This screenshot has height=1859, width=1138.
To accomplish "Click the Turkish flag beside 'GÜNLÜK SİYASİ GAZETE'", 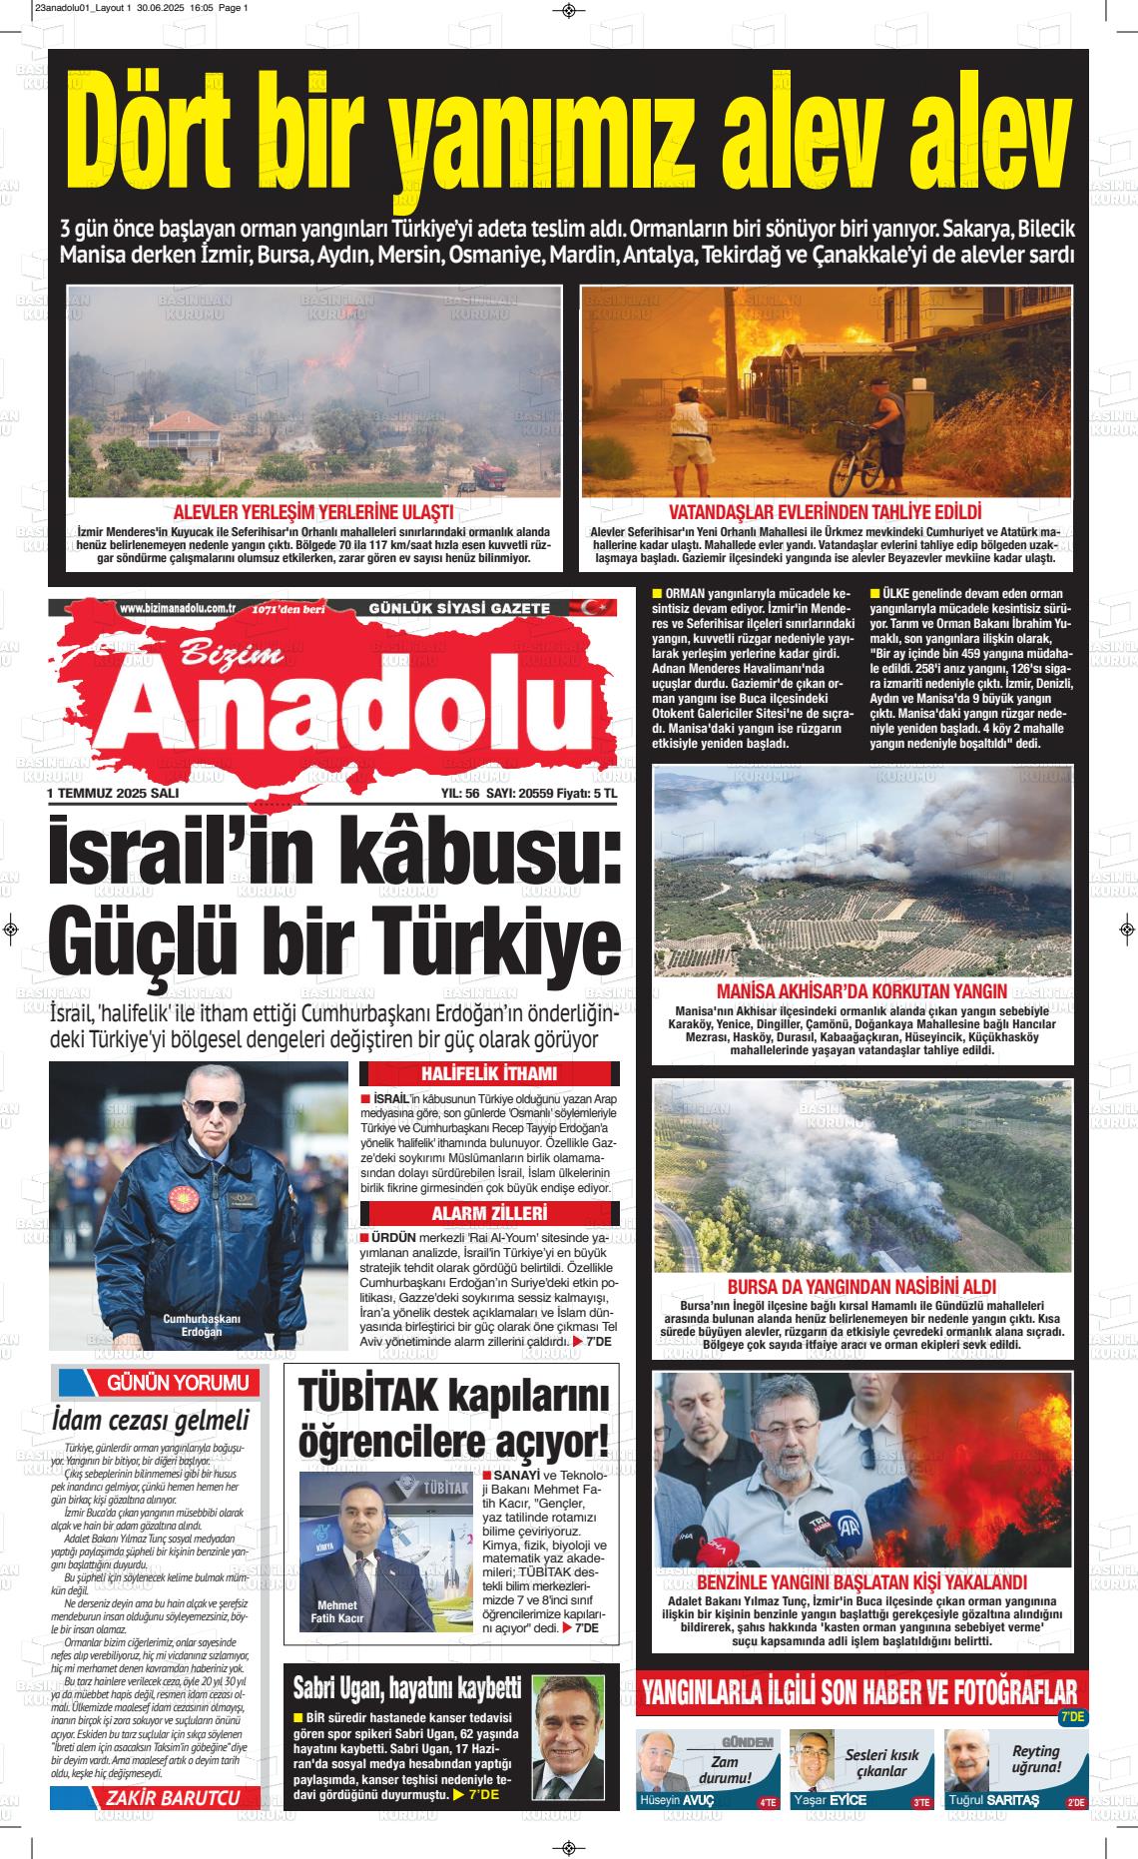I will click(x=598, y=607).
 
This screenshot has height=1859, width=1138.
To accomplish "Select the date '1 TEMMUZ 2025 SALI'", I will click(x=113, y=793).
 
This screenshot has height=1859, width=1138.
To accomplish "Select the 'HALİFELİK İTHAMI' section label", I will click(x=488, y=1074).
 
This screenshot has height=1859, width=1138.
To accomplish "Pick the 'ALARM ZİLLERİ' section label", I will click(x=488, y=1213).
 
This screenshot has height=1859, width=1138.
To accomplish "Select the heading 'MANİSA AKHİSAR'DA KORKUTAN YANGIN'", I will click(x=861, y=991).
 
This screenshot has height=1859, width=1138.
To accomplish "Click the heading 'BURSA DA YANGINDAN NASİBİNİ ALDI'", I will click(x=861, y=1287).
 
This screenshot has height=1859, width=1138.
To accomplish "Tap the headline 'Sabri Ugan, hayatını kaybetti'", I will click(x=406, y=1688).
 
